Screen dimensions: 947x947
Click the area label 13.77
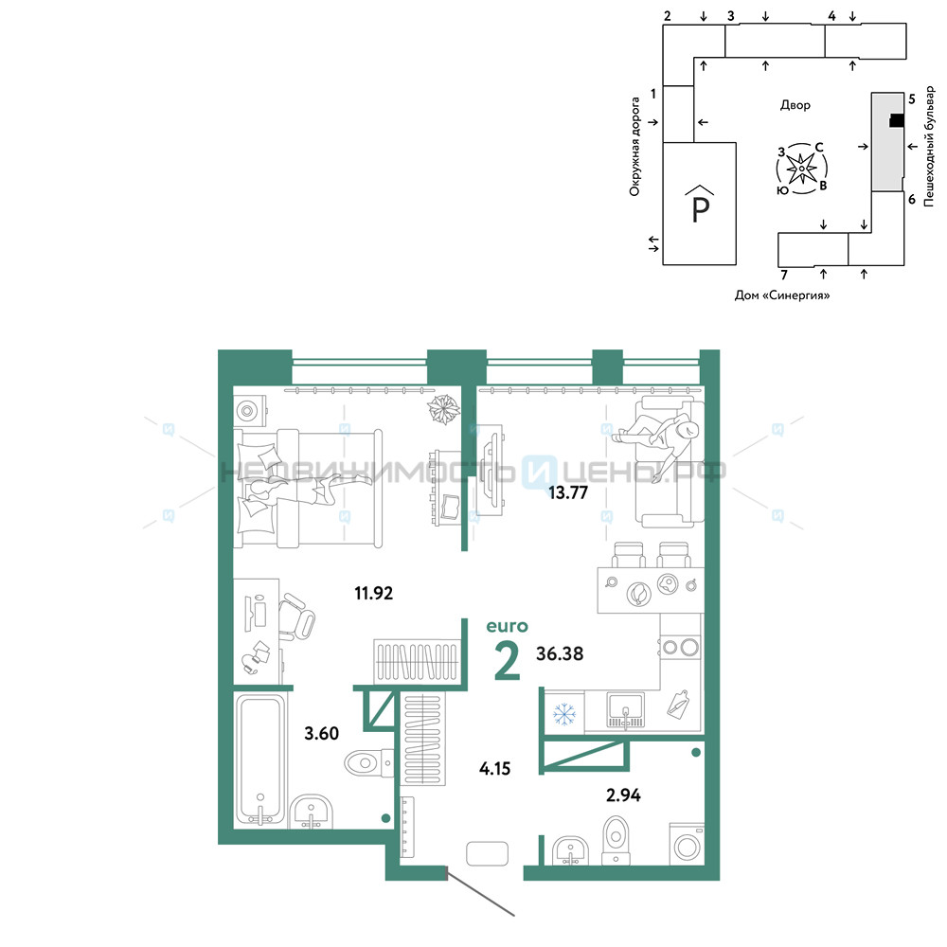click(x=567, y=492)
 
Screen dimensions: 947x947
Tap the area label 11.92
click(x=373, y=593)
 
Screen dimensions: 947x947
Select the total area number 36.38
click(x=560, y=653)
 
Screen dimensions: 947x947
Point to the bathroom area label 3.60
click(x=321, y=733)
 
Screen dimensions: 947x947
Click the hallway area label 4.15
click(x=494, y=768)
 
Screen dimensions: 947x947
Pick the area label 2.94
click(x=623, y=795)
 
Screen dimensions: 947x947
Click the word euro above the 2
click(x=508, y=626)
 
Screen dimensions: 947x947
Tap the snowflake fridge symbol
click(x=564, y=714)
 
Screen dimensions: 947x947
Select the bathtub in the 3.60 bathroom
click(x=260, y=759)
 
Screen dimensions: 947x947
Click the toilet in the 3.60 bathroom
click(x=368, y=763)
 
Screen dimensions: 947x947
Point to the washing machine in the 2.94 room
click(x=688, y=845)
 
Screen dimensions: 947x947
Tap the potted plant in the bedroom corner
click(x=443, y=409)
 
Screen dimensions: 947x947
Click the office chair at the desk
click(x=297, y=616)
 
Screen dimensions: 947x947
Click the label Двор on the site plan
click(x=795, y=105)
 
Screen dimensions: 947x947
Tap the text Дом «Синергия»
click(x=782, y=295)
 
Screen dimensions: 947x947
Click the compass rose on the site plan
click(x=801, y=169)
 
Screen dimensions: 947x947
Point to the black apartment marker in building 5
click(x=897, y=121)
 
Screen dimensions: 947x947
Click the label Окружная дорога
click(x=634, y=147)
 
